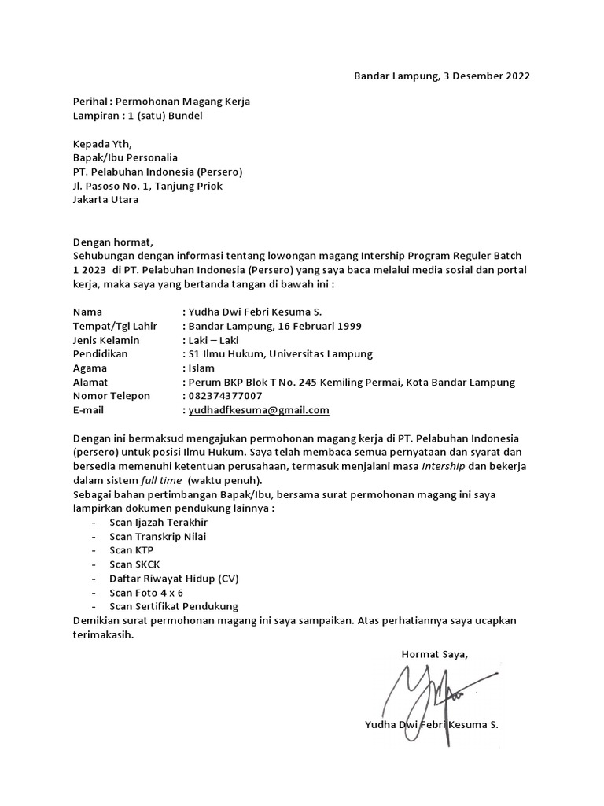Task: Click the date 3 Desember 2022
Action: (x=487, y=76)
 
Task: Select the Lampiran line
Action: (x=137, y=116)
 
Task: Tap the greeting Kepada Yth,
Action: (x=103, y=144)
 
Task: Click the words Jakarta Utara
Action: (x=105, y=200)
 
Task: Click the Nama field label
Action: (x=87, y=312)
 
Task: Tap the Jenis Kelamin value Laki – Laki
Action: (x=212, y=340)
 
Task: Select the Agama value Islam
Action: (x=201, y=368)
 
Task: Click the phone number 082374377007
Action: (x=225, y=396)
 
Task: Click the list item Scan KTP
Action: (x=132, y=549)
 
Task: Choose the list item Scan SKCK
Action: (x=134, y=564)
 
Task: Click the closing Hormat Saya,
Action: (x=435, y=654)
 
